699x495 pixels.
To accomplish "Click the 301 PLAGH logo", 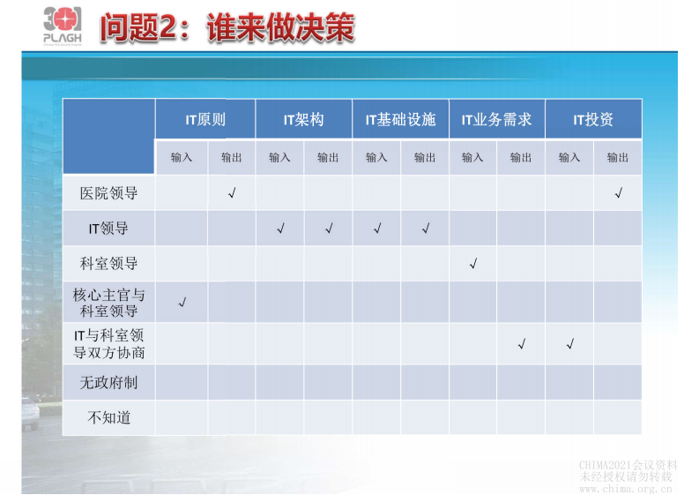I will [x=62, y=26].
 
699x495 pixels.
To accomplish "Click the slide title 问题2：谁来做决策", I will [x=227, y=27].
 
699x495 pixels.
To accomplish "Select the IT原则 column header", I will [x=205, y=119].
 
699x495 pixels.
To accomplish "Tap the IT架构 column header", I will [x=303, y=119].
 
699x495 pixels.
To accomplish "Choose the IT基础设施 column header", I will [x=400, y=119].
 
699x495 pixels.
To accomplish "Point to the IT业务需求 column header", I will [x=496, y=119].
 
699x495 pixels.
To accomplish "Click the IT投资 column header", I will [x=593, y=119].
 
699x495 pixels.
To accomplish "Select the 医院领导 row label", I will [x=109, y=192].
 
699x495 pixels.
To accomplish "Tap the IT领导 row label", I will [x=109, y=229].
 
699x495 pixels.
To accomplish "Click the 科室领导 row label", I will [x=109, y=264].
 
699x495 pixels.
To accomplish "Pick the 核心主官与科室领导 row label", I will [x=109, y=303].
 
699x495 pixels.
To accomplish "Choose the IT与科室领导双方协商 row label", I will [x=109, y=344].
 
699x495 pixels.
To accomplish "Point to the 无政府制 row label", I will [x=109, y=383].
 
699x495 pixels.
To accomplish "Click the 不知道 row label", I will [x=109, y=417].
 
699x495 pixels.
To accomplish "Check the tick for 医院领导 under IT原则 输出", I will [x=232, y=192].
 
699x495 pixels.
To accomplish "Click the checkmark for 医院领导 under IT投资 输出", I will [x=618, y=193].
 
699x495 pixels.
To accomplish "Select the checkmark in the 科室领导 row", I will [x=473, y=264].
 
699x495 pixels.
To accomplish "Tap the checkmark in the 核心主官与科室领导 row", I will [x=182, y=303].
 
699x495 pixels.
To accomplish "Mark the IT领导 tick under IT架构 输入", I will [x=280, y=229].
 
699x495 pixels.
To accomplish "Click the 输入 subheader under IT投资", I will [x=569, y=157].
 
